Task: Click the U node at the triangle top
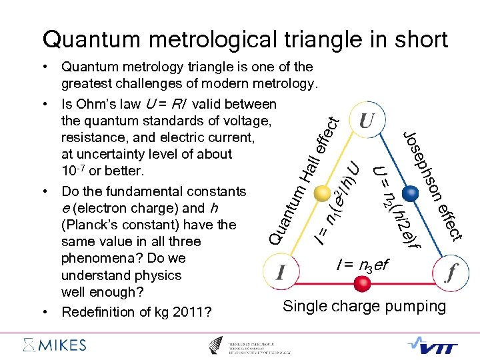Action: (366, 121)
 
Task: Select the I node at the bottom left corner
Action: (281, 271)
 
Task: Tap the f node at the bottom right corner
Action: (452, 271)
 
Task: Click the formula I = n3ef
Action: (362, 265)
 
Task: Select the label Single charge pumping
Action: (364, 306)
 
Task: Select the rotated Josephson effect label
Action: (433, 185)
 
